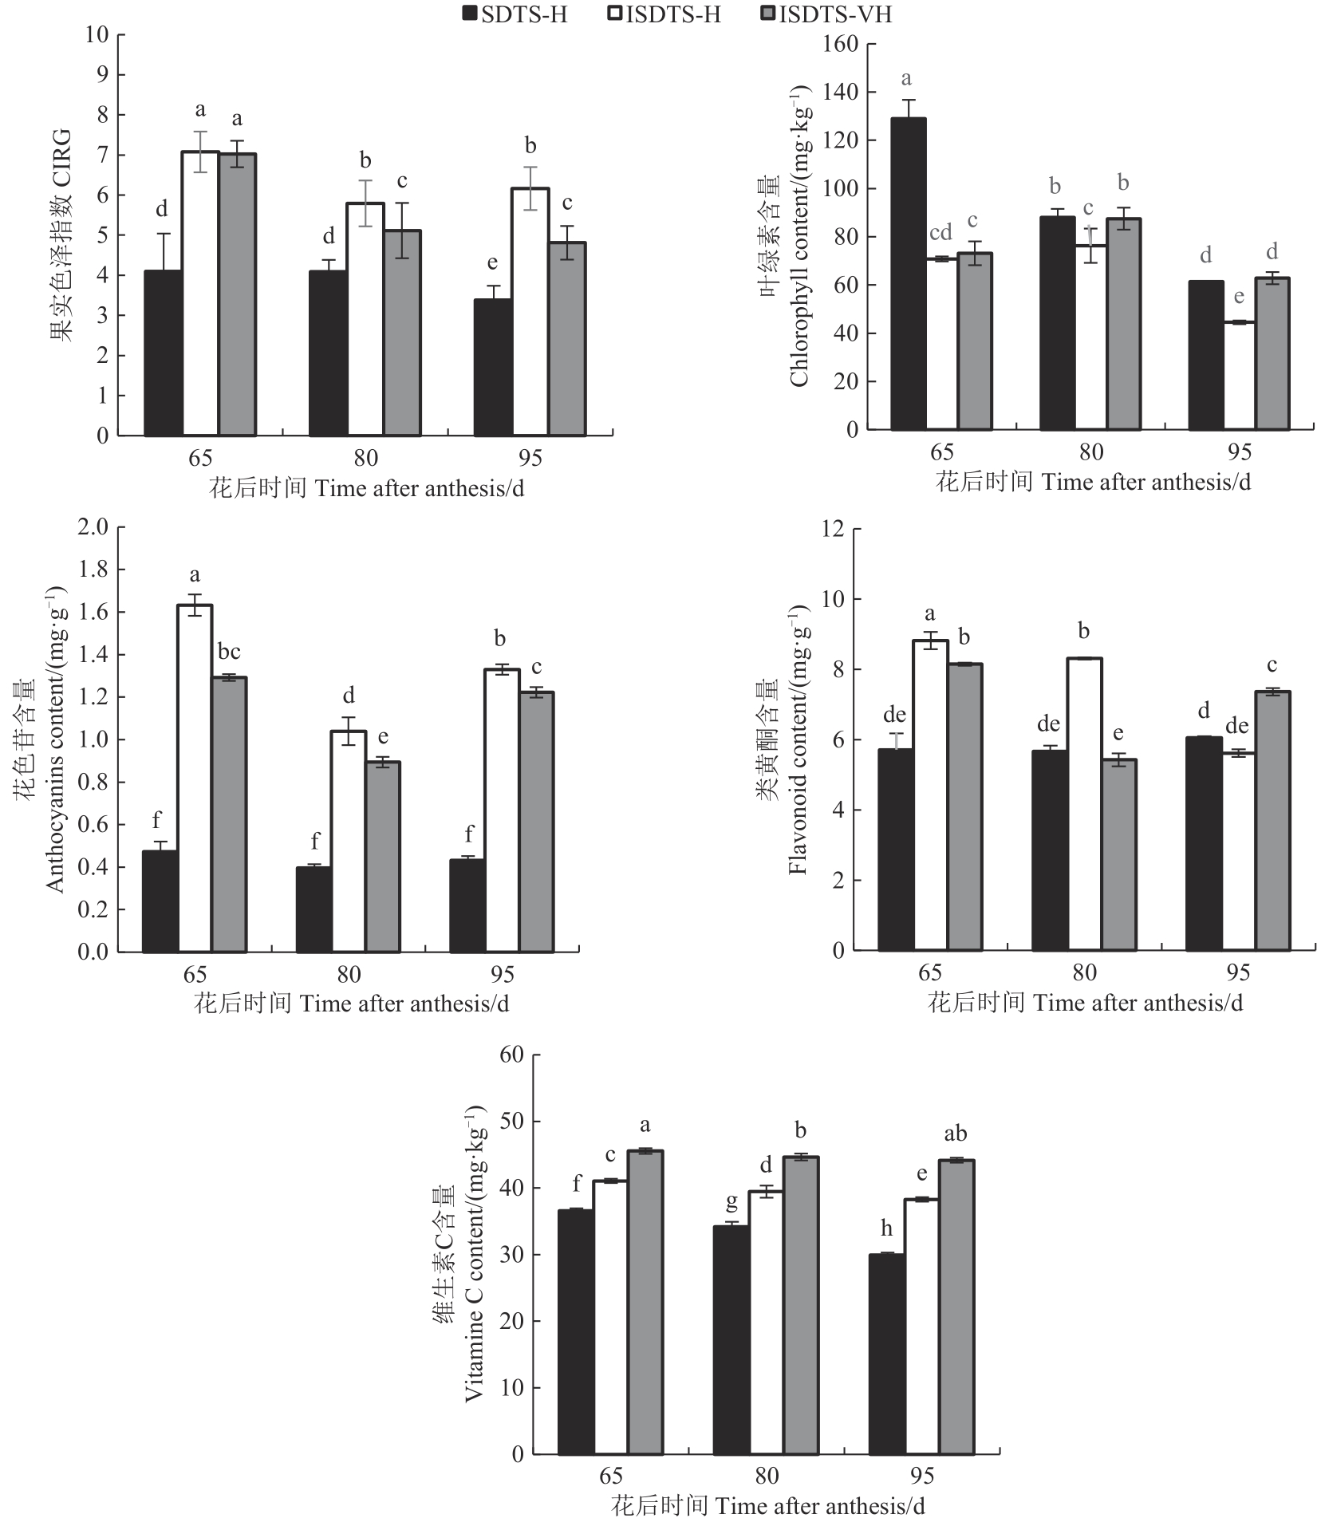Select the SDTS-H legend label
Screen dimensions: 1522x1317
tap(524, 14)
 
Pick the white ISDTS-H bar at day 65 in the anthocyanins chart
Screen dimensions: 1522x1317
tap(195, 778)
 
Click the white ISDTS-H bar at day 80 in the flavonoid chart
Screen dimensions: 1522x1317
tap(1084, 803)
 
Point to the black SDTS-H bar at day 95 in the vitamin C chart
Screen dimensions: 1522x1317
tap(886, 1354)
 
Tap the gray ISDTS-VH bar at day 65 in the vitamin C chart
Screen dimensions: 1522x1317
tap(645, 1302)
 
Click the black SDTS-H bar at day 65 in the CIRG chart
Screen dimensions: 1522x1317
tap(163, 353)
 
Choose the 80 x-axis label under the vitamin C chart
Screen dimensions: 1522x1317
tap(767, 1476)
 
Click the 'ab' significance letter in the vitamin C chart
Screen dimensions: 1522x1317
tap(955, 1134)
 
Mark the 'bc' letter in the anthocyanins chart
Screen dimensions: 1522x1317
tap(229, 652)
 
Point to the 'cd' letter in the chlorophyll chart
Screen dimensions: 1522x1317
tap(940, 232)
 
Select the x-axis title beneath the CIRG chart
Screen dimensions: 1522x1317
tap(367, 488)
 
